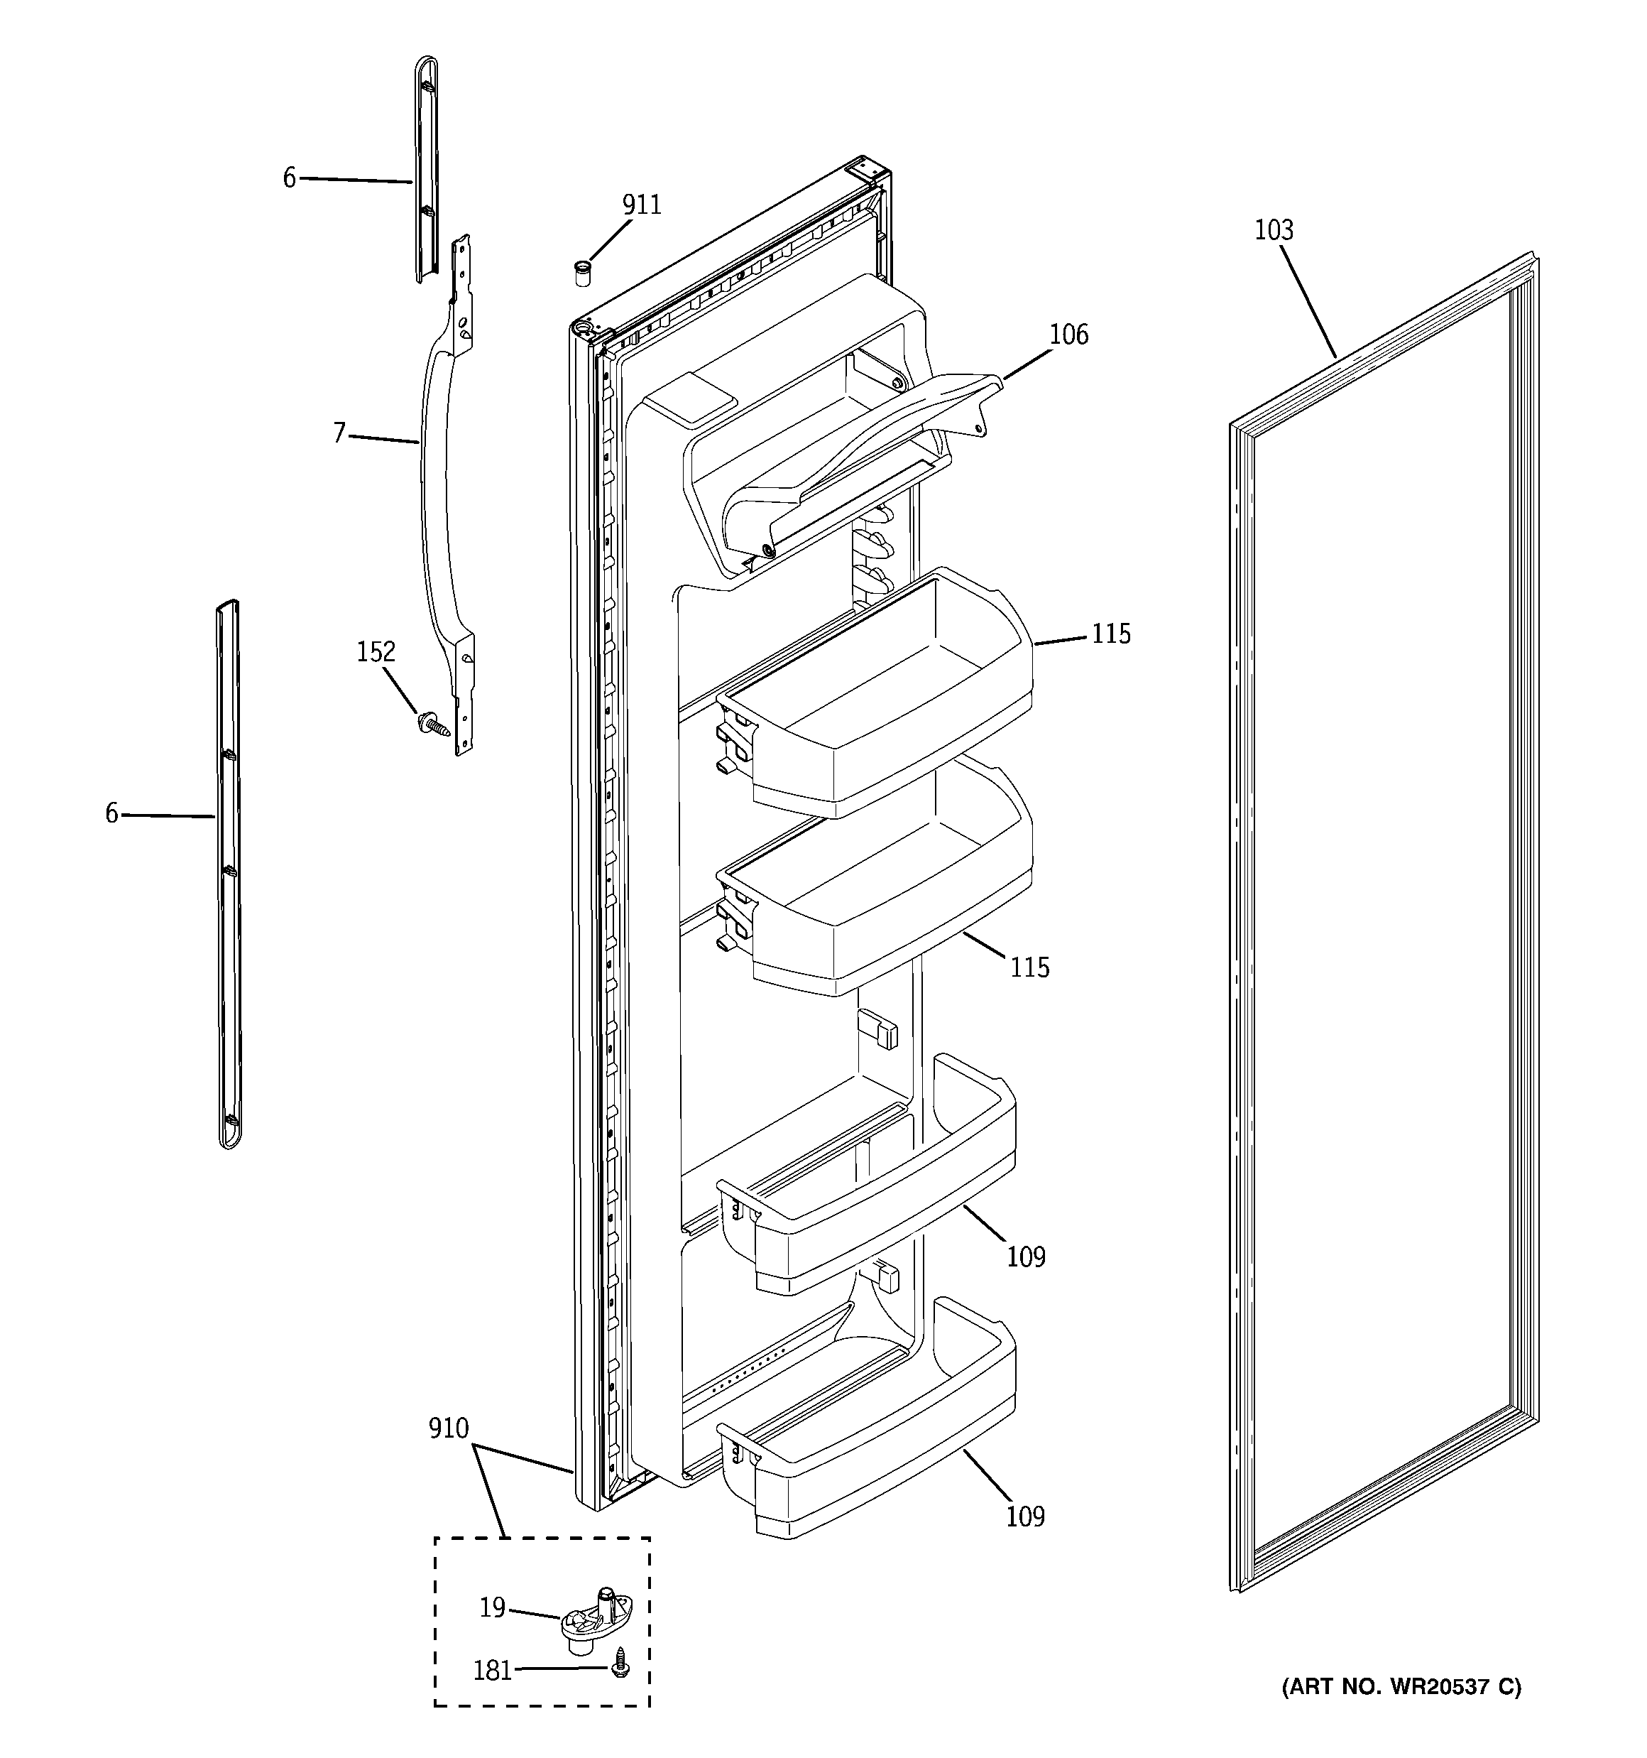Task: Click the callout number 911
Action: pos(641,205)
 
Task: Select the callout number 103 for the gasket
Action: pos(1273,231)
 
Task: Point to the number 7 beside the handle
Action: pos(339,433)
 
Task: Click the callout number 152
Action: pos(376,653)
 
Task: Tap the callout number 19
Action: pos(493,1607)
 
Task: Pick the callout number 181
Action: pos(493,1671)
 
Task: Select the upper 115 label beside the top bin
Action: pos(1110,634)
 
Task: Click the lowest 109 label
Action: pos(1026,1516)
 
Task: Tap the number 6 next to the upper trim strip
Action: pos(289,178)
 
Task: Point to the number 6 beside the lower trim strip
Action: pos(111,813)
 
